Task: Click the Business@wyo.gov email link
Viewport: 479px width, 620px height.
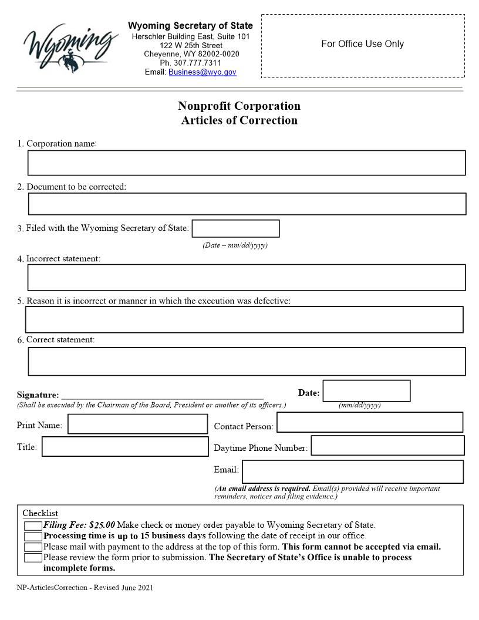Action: click(203, 72)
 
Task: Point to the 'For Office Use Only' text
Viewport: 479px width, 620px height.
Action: click(362, 44)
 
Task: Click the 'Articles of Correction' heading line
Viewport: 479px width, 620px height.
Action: click(239, 120)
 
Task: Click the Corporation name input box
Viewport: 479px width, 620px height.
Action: click(247, 163)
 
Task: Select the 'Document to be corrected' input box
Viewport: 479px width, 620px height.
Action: click(247, 204)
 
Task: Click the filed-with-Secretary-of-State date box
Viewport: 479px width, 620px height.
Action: click(235, 228)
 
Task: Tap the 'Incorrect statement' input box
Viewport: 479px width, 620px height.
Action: click(247, 278)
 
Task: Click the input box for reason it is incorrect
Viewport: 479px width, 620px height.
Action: click(244, 319)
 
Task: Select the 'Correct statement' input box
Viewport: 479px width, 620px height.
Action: click(247, 361)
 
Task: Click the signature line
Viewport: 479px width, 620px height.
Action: click(162, 395)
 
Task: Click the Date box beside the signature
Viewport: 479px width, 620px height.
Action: click(366, 391)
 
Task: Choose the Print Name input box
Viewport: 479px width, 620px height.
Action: click(137, 424)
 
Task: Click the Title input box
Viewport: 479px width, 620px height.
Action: click(125, 446)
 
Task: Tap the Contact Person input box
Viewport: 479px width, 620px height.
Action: click(369, 422)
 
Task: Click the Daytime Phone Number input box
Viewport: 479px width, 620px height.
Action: click(387, 446)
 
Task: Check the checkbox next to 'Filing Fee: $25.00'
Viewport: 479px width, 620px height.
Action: click(33, 526)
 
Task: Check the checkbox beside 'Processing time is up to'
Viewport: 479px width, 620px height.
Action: click(33, 536)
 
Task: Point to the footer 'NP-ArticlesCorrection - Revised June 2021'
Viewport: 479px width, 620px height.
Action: click(85, 588)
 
